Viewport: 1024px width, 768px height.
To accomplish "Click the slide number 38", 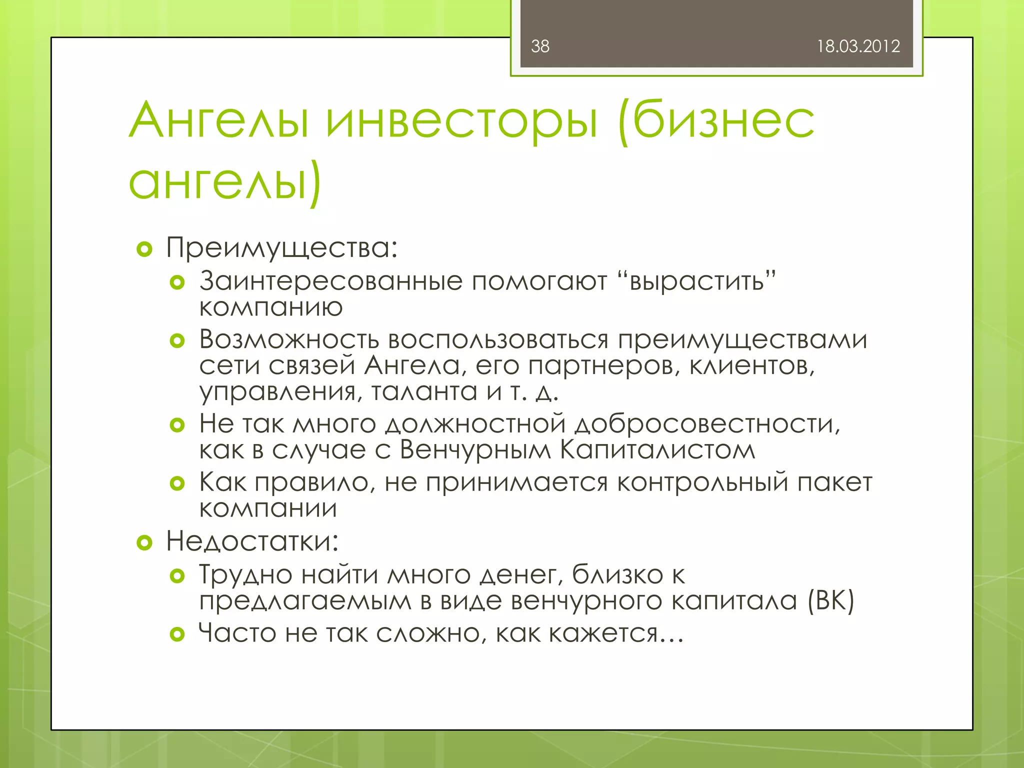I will tap(540, 46).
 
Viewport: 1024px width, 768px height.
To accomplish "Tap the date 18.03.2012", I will tap(858, 46).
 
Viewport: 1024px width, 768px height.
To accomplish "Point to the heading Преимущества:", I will tap(281, 248).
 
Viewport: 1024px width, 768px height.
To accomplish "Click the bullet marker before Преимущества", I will tap(144, 249).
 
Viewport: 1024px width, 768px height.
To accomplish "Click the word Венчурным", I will tap(475, 450).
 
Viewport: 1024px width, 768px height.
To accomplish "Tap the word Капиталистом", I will tap(657, 450).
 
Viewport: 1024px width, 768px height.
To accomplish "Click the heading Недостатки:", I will tap(252, 541).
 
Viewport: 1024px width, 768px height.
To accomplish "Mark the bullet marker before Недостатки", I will tap(144, 542).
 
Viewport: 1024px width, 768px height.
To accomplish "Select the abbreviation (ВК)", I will tap(830, 600).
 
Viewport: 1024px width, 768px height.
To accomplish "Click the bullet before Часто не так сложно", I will tap(177, 634).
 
